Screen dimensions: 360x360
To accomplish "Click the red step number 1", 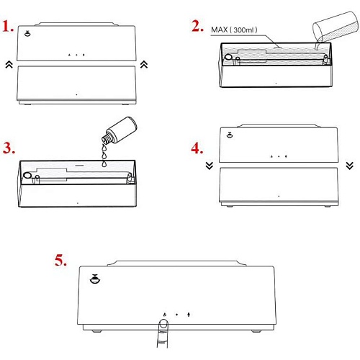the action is point(8,27).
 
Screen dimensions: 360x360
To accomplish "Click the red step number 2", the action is point(197,26).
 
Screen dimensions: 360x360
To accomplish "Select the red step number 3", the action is point(9,148).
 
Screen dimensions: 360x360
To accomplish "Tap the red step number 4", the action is point(197,148).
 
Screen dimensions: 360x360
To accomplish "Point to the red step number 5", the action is point(60,260).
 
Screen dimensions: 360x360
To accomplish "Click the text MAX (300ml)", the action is point(234,30).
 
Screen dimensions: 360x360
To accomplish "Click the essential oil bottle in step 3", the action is point(120,130).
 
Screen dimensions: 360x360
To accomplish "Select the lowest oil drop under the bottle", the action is point(104,163).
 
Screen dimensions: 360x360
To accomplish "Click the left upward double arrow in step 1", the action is point(9,64).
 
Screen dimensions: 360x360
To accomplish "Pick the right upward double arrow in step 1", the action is point(144,64).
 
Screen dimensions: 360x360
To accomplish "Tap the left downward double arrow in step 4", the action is point(210,166).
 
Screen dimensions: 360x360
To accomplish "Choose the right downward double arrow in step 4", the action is point(350,166).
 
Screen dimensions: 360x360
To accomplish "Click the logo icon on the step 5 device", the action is point(95,279).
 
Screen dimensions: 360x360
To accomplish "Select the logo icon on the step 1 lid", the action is point(27,34).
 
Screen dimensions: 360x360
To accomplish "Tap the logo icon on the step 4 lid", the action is point(230,135).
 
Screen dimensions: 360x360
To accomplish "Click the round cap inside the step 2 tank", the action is point(228,57).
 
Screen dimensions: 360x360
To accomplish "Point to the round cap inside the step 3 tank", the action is point(27,175).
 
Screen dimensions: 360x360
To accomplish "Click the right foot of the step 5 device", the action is point(256,331).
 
